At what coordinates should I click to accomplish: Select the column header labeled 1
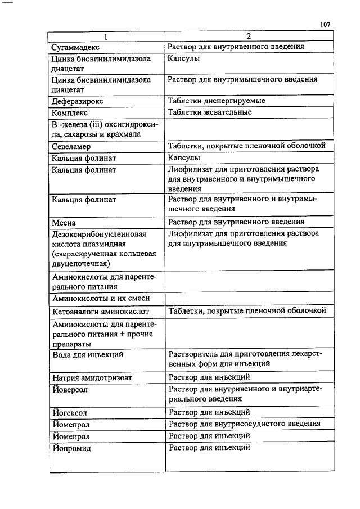105,37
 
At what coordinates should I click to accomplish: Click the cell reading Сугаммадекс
76,47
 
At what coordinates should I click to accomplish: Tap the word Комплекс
70,113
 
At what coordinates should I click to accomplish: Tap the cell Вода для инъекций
87,355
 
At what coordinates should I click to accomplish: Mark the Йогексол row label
69,413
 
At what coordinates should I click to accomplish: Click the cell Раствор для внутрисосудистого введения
245,424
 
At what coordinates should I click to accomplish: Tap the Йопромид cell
71,448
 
